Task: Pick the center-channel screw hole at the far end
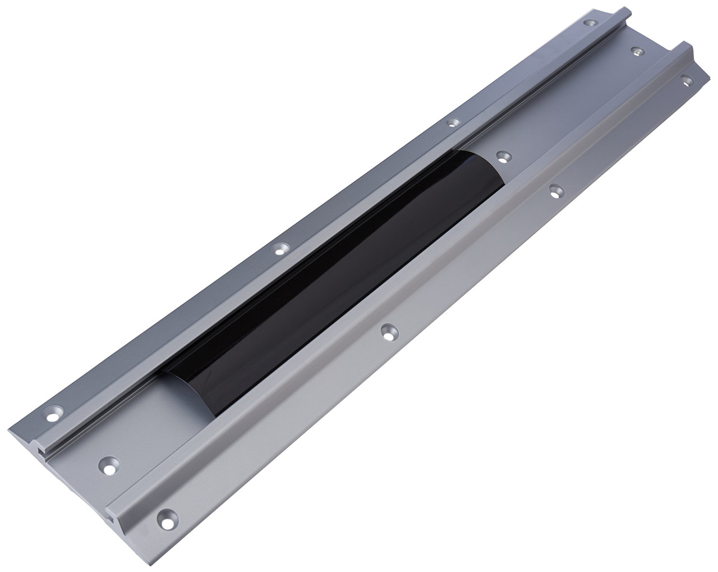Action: pyautogui.click(x=636, y=52)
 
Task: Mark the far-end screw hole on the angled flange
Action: pyautogui.click(x=685, y=80)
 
